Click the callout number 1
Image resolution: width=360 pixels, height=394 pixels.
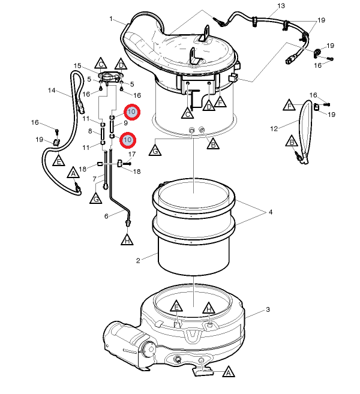coord(111,19)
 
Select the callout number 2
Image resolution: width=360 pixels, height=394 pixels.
coord(138,261)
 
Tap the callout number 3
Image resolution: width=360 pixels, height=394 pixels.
coord(268,309)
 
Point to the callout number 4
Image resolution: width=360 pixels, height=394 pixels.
coord(271,212)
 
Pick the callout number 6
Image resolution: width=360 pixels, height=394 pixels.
coord(106,216)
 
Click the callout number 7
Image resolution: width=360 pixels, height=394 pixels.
coord(95,179)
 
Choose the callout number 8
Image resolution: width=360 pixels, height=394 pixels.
coord(90,131)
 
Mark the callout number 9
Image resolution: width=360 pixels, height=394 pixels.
coord(125,123)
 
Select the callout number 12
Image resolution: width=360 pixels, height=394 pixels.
coord(274,129)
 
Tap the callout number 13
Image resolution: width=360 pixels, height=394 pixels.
coord(281,6)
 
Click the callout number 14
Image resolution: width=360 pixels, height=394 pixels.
coord(52,90)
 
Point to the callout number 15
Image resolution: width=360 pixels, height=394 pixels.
coord(77,66)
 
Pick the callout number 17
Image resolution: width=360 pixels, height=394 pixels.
coord(132,154)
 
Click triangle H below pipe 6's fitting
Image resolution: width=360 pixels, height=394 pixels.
coord(127,239)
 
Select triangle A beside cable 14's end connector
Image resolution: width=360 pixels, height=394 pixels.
coord(73,173)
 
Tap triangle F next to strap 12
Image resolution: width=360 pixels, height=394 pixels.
coord(289,106)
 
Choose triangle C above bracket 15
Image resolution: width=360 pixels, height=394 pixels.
coord(101,64)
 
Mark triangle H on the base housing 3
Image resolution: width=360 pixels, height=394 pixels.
coord(209,308)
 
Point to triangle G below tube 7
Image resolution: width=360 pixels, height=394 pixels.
coord(96,198)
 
